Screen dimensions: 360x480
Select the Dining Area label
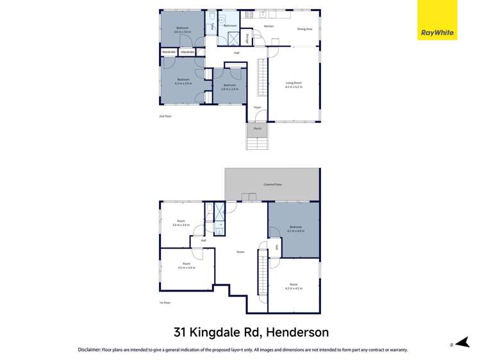[304, 29]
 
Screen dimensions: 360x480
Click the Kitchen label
[269, 26]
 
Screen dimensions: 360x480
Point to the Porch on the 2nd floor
[258, 129]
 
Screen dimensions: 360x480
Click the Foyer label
[257, 107]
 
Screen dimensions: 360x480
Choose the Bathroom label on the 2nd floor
[230, 26]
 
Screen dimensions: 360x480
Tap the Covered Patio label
[272, 184]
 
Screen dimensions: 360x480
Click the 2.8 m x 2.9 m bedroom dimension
[229, 89]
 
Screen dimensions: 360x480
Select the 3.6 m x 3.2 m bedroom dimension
[183, 31]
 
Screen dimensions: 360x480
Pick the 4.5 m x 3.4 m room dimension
[186, 267]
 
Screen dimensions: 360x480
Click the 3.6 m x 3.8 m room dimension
[181, 225]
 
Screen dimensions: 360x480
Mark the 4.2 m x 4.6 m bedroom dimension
[295, 231]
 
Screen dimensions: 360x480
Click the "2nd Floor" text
[165, 116]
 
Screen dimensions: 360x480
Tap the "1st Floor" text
[165, 302]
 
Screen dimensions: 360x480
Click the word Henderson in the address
[297, 332]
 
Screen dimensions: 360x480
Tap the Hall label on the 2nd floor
[236, 53]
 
